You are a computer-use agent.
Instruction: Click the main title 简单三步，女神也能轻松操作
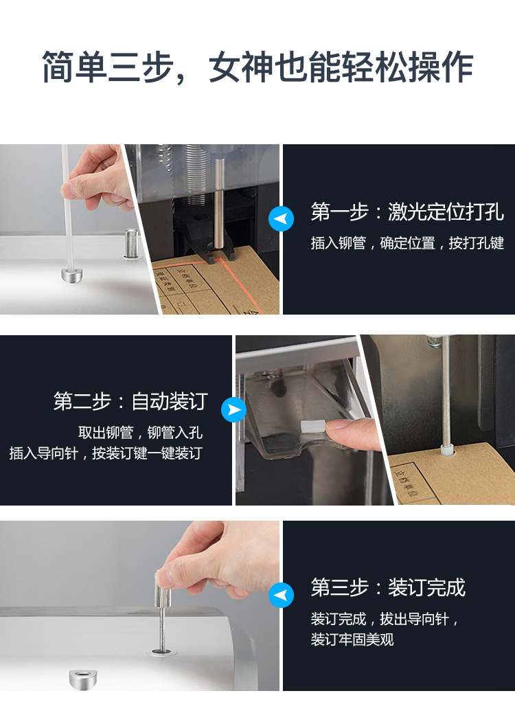(x=257, y=67)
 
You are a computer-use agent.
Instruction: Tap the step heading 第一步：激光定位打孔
(x=407, y=212)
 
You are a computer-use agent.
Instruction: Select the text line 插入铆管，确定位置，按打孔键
(x=407, y=243)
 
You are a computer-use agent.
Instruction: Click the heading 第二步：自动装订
(x=130, y=401)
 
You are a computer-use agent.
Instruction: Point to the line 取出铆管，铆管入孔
(x=141, y=432)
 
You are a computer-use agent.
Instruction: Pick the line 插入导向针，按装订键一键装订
(x=106, y=453)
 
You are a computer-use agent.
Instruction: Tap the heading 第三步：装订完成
(x=388, y=587)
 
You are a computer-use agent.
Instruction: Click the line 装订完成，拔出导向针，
(x=385, y=618)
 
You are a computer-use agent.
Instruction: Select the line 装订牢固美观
(x=352, y=640)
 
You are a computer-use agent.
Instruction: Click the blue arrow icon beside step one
(x=281, y=218)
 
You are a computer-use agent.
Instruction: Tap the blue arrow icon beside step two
(x=233, y=409)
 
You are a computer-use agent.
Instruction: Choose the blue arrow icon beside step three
(x=281, y=595)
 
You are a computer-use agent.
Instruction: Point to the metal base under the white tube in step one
(x=72, y=275)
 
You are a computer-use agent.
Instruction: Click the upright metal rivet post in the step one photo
(x=131, y=243)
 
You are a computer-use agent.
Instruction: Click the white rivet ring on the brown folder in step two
(x=446, y=451)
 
